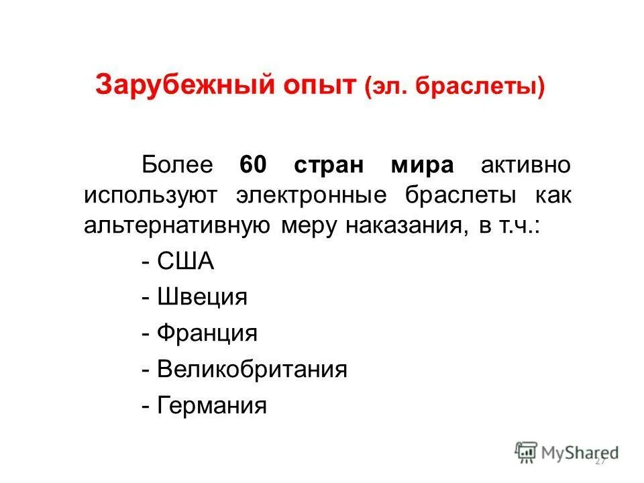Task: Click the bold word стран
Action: click(x=329, y=165)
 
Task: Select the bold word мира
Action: click(x=422, y=165)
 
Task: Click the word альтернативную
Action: click(x=177, y=226)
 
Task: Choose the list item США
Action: click(x=185, y=261)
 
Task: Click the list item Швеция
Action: click(x=202, y=297)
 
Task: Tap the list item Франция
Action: click(x=207, y=333)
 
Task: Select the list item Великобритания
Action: click(x=252, y=369)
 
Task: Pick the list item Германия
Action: click(x=211, y=405)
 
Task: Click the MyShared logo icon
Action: click(x=526, y=452)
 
